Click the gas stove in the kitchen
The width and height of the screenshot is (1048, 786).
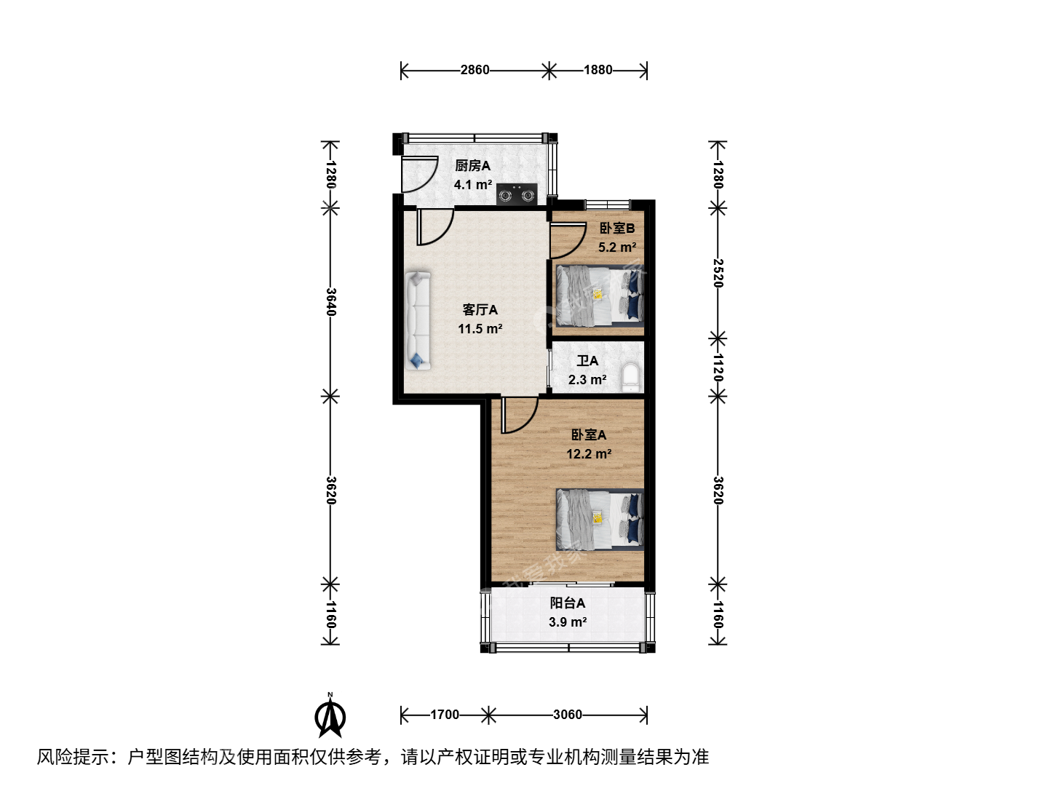[517, 195]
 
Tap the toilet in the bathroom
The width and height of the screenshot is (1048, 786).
[631, 378]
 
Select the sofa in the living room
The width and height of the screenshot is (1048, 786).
[418, 321]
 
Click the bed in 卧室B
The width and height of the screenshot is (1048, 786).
[600, 295]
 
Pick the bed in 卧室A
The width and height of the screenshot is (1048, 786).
[600, 519]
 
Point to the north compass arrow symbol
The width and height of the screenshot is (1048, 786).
[330, 715]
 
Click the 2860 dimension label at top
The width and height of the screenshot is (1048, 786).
[475, 70]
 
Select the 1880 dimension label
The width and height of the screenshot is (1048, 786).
[598, 70]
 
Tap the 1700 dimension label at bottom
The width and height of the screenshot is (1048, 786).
[445, 715]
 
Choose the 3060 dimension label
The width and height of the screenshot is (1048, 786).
[568, 715]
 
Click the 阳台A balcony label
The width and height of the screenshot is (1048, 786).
[567, 603]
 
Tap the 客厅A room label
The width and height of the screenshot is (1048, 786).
[480, 310]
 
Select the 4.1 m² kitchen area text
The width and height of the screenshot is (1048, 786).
[472, 185]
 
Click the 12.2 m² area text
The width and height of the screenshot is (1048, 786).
[589, 454]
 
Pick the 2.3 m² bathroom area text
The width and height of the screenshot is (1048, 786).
[587, 380]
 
